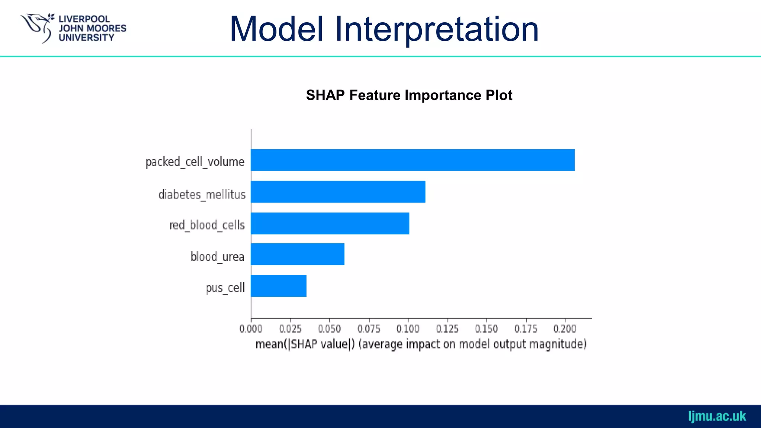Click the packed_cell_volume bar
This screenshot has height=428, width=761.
click(412, 160)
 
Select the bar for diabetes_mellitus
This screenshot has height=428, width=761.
click(338, 192)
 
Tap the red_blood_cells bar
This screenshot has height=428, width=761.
click(330, 223)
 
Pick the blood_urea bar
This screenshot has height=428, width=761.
click(297, 254)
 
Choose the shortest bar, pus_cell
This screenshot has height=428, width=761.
click(278, 286)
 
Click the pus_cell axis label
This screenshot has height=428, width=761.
click(225, 288)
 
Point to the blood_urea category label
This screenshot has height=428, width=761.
click(217, 257)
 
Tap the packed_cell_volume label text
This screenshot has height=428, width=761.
click(195, 162)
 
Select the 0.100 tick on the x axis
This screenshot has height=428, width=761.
click(408, 329)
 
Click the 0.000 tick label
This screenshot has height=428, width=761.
click(251, 329)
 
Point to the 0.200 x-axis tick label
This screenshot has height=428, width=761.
click(565, 329)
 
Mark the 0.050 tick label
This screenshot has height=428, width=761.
click(329, 329)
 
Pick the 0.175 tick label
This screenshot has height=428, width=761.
click(525, 329)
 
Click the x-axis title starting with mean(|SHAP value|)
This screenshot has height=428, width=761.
click(421, 344)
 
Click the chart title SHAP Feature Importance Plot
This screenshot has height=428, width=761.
click(409, 95)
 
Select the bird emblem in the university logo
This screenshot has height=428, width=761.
click(37, 27)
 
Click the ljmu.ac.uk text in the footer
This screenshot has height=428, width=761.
click(717, 416)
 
